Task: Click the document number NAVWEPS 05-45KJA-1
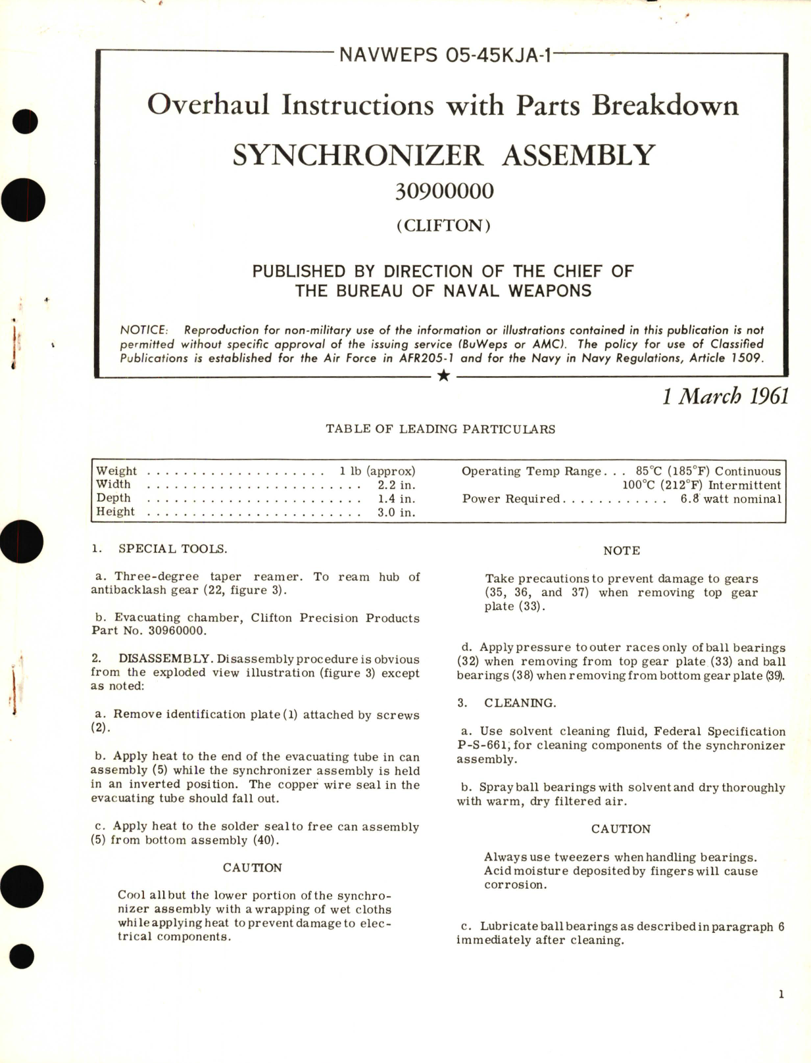pyautogui.click(x=444, y=55)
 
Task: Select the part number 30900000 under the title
pyautogui.click(x=444, y=191)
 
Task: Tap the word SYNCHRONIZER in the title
pyautogui.click(x=358, y=156)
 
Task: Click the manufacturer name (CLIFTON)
pyautogui.click(x=443, y=225)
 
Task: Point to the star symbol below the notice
pyautogui.click(x=444, y=376)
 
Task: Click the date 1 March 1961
pyautogui.click(x=725, y=396)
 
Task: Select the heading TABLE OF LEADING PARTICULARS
pyautogui.click(x=440, y=429)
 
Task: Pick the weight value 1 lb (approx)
pyautogui.click(x=377, y=471)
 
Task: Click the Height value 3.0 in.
pyautogui.click(x=396, y=512)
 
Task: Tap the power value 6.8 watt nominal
pyautogui.click(x=731, y=499)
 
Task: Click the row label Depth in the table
pyautogui.click(x=113, y=498)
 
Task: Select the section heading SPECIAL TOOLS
pyautogui.click(x=172, y=549)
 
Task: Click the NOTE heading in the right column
pyautogui.click(x=621, y=551)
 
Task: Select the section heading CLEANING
pyautogui.click(x=520, y=703)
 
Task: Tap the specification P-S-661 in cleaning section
pyautogui.click(x=484, y=745)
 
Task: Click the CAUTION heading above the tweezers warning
pyautogui.click(x=620, y=829)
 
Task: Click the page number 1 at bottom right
pyautogui.click(x=781, y=994)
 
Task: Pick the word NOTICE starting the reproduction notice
pyautogui.click(x=143, y=330)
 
